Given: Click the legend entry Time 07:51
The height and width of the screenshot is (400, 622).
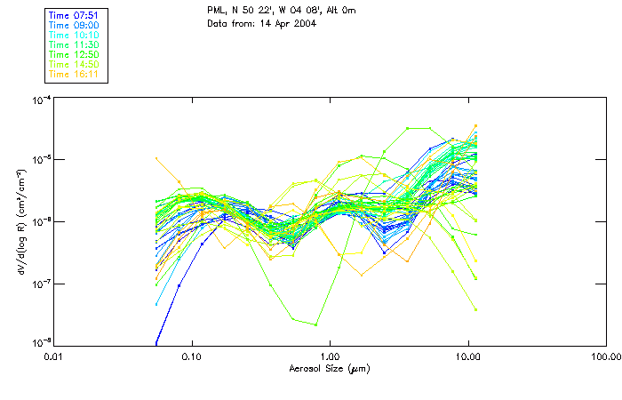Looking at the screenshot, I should point(75,15).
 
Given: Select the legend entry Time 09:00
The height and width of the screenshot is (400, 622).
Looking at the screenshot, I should point(75,25).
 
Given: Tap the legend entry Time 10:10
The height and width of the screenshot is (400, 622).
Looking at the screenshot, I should point(75,35).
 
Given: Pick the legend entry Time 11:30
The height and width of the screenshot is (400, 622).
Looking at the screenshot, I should point(75,44).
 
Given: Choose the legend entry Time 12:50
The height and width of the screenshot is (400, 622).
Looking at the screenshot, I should point(75,54).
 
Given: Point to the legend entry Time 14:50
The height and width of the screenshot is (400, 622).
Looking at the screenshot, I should point(75,64).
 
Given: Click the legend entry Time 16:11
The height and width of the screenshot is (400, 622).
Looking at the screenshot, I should point(75,74).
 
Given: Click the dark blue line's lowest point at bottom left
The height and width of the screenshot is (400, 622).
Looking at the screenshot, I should point(156,343).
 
